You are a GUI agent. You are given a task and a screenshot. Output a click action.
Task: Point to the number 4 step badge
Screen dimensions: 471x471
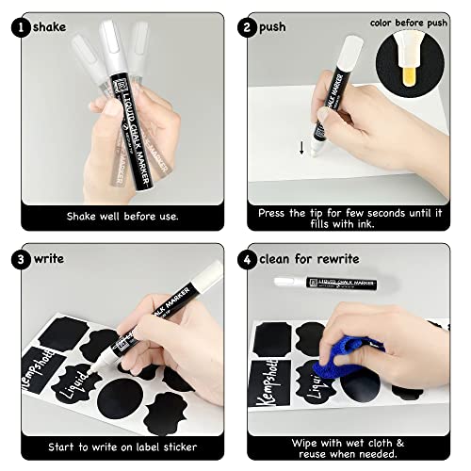tap(255, 256)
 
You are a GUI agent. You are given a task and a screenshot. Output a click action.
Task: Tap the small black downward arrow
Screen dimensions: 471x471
tap(301, 146)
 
